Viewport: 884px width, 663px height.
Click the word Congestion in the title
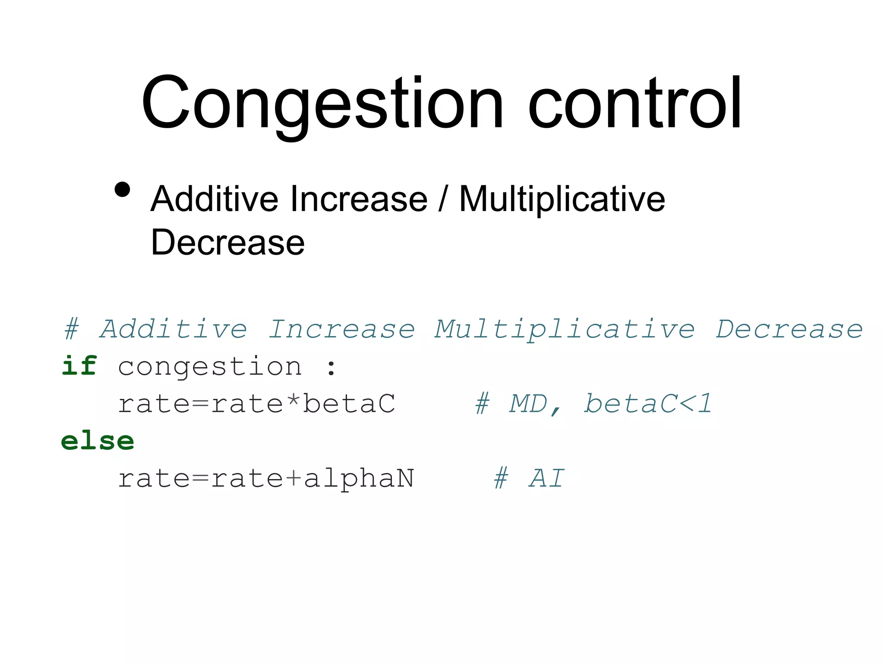point(322,104)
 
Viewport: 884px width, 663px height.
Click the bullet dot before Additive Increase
point(123,189)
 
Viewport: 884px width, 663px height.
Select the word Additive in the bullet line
point(215,199)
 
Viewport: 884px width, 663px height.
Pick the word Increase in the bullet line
point(359,199)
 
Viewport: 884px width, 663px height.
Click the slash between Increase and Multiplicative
point(442,199)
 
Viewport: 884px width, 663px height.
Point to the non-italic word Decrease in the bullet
point(227,243)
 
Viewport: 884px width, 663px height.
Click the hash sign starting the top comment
point(72,330)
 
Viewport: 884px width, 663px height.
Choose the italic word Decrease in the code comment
point(789,330)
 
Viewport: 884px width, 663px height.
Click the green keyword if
point(79,366)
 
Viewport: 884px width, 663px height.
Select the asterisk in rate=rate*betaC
point(293,401)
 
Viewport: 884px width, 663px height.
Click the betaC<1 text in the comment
point(647,404)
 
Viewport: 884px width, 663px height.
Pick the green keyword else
point(98,442)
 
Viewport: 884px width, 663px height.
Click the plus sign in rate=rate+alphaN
point(294,479)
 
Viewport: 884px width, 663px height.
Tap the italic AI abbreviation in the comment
point(546,479)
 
